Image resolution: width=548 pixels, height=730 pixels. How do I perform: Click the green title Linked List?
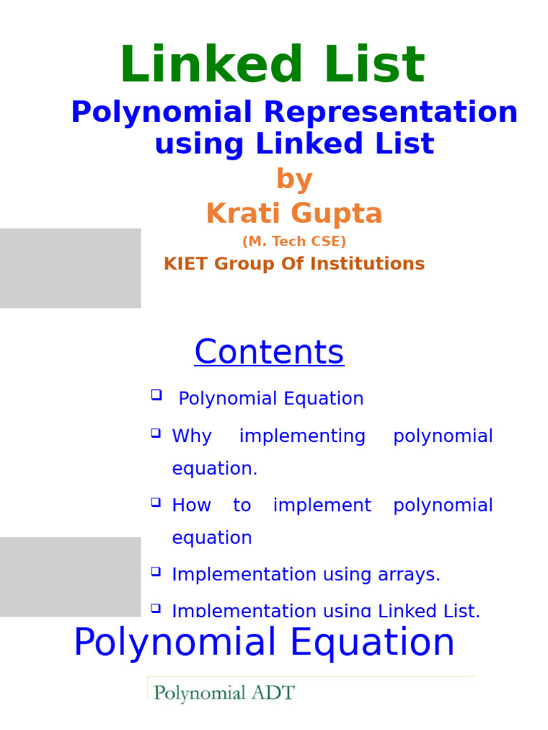pos(273,66)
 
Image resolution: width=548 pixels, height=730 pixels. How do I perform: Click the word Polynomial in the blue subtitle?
pos(161,113)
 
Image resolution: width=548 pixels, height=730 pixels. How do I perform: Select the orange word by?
pos(294,179)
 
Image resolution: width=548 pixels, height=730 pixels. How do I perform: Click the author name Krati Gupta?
pos(294,213)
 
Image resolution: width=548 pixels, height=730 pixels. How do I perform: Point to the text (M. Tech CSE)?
pos(294,242)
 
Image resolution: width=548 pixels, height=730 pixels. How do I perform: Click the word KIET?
pos(184,264)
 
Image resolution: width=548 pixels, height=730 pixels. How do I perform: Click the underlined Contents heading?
pos(269,352)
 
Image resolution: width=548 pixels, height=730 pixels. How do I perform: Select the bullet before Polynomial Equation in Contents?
pos(156,395)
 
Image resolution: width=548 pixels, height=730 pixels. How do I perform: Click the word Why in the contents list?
pos(191,436)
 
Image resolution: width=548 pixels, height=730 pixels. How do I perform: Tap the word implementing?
pos(302,436)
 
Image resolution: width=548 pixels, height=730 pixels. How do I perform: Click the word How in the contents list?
pos(191,505)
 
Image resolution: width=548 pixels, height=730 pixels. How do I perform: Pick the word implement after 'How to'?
pos(322,505)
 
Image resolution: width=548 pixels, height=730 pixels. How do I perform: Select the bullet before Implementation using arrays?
pos(156,572)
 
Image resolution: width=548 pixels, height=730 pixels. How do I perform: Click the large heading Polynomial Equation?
pos(264,642)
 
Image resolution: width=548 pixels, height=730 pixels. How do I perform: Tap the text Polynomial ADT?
pos(224,692)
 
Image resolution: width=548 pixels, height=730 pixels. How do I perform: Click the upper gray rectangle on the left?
pos(70,268)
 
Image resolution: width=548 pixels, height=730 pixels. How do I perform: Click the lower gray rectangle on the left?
pos(70,577)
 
